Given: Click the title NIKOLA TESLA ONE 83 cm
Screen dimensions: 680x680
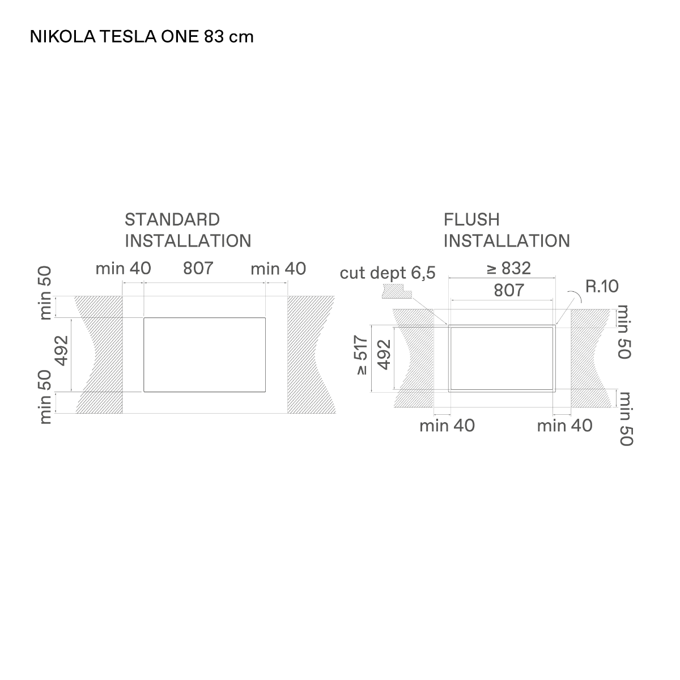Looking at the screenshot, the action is pos(142,37).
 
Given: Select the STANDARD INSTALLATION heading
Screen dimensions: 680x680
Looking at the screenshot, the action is pos(188,231).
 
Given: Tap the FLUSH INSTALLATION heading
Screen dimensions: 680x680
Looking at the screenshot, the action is pos(507,231).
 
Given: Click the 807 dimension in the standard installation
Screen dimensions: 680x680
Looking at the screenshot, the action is pos(198,268).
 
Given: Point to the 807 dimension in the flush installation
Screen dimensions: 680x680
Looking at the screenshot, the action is pos(509,291).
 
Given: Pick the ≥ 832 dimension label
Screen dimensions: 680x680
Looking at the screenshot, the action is pos(508,268).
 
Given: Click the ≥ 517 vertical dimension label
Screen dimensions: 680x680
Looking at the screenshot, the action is pos(362,355).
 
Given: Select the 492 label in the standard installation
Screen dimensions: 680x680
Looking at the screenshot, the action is pos(62,350).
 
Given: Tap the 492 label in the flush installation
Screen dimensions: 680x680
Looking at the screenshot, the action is pos(385,355).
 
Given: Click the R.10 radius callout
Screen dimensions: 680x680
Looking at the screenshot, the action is pos(602,286).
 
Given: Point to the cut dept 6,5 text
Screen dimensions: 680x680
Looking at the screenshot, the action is pos(388,273).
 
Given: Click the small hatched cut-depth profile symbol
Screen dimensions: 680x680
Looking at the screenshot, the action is pos(397,292).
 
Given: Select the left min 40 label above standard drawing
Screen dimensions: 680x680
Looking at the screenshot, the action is pos(123,269).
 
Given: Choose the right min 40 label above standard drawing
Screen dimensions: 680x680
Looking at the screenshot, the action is pos(278,269).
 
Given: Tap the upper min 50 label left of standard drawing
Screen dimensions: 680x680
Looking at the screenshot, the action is pos(45,293).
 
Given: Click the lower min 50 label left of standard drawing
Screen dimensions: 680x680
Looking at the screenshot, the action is pos(45,397).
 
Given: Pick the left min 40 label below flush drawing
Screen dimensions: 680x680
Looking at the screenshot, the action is pos(447,426).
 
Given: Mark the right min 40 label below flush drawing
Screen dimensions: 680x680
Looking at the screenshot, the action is pos(564,426).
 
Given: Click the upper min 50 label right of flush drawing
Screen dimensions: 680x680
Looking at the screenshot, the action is pos(624,332).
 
